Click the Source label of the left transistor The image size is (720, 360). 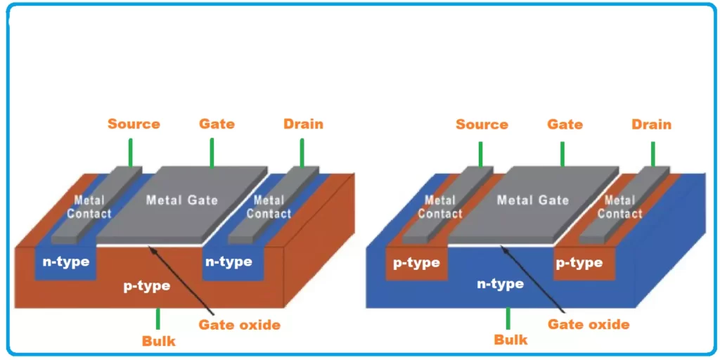(x=134, y=124)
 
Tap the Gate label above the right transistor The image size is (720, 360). (x=565, y=124)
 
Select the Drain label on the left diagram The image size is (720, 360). (x=303, y=124)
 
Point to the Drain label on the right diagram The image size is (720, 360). (x=651, y=124)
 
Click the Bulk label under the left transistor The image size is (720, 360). (x=158, y=341)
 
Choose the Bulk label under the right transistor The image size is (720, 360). (x=510, y=340)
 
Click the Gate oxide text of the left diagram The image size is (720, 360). (x=239, y=325)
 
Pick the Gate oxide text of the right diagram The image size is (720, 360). (x=589, y=324)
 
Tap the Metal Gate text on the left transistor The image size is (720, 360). (x=181, y=200)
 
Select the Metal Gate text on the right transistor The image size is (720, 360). (x=532, y=200)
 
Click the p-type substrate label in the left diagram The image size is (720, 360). (x=147, y=286)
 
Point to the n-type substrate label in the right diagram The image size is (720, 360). (x=500, y=284)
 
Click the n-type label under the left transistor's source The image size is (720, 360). (x=66, y=262)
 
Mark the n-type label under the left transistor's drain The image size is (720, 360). (x=228, y=262)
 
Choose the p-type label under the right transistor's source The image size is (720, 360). (x=416, y=263)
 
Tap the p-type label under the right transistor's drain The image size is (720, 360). (x=579, y=263)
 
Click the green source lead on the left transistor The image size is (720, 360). (x=130, y=153)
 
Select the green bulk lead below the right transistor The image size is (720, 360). (x=508, y=319)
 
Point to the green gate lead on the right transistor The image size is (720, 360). (x=562, y=154)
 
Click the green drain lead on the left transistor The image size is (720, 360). (x=302, y=153)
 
